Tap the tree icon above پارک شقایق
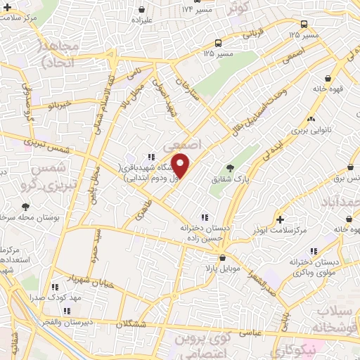click(x=231, y=167)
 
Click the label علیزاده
click(x=143, y=20)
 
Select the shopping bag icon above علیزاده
click(x=143, y=10)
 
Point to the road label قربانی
click(x=251, y=32)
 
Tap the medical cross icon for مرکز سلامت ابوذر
click(x=281, y=219)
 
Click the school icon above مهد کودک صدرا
click(x=55, y=286)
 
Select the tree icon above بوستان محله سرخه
click(x=25, y=207)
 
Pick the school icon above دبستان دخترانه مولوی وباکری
click(x=314, y=250)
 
